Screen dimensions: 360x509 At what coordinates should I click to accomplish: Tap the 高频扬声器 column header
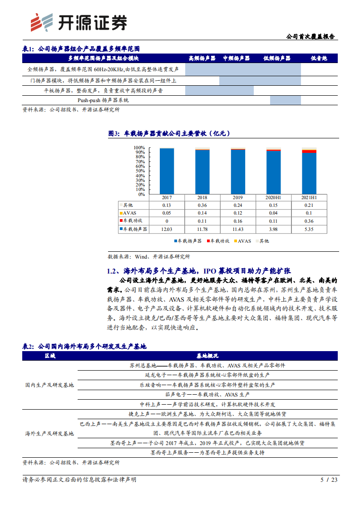click(x=202, y=59)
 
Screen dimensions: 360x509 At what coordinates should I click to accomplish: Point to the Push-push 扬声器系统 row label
click(x=104, y=100)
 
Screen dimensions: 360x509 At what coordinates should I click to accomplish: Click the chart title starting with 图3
click(x=169, y=133)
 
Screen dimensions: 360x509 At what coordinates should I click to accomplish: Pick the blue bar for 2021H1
click(x=309, y=173)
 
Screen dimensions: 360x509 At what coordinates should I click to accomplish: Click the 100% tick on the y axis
click(x=139, y=148)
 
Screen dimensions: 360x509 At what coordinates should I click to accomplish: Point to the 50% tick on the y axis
click(x=140, y=171)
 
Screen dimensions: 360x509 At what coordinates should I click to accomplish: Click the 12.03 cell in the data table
click(x=167, y=229)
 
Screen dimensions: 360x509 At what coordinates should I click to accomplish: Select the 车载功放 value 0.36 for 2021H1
click(x=309, y=221)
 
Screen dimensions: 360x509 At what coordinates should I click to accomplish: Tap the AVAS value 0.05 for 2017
click(x=167, y=213)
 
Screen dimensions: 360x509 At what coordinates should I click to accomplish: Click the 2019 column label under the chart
click(x=238, y=197)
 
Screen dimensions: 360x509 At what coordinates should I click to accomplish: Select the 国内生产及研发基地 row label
click(x=49, y=385)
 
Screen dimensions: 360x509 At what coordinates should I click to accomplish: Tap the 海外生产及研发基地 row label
click(x=49, y=433)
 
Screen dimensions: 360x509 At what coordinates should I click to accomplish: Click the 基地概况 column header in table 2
click(x=207, y=356)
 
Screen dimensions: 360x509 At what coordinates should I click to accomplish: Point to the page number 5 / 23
click(x=329, y=479)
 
